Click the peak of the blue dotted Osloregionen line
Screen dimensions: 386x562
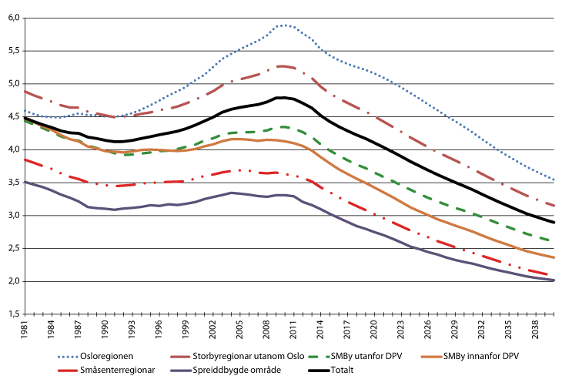[x=285, y=25]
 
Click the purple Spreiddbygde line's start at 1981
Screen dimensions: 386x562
[x=26, y=182]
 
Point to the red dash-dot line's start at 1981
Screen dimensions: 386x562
[x=26, y=159]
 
